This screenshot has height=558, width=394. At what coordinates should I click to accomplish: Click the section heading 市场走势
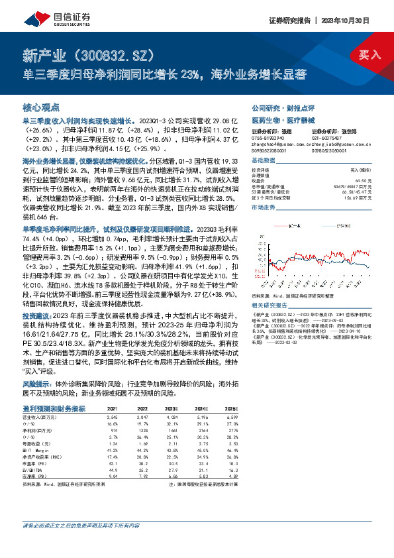pos(264,207)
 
